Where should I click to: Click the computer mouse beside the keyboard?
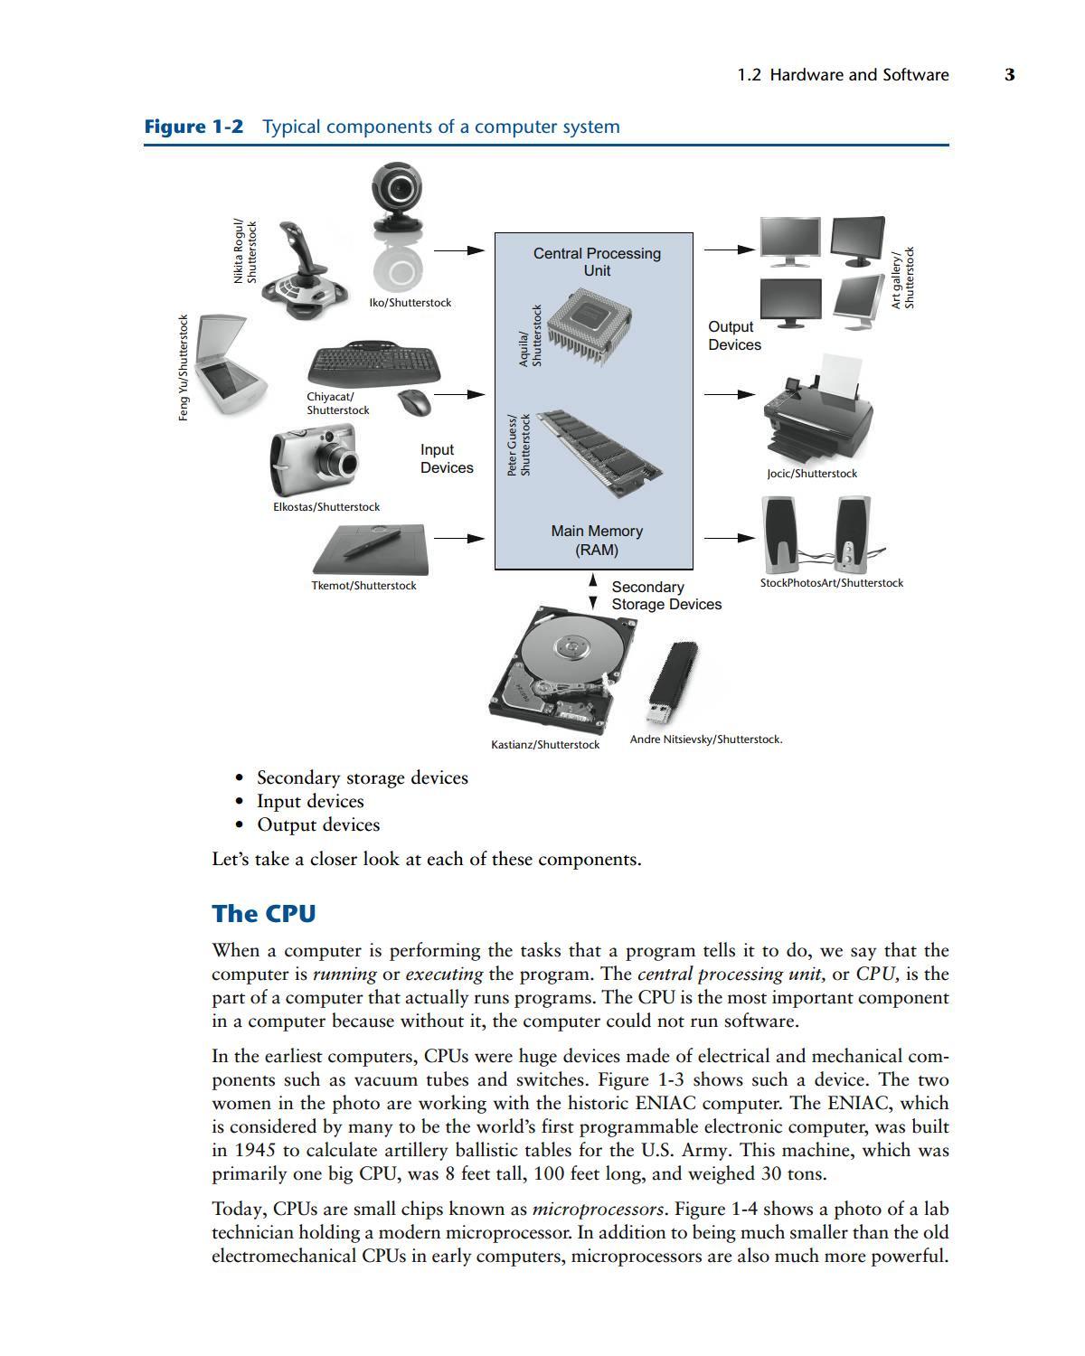(415, 402)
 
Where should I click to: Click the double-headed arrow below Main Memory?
(593, 591)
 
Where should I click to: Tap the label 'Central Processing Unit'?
(597, 262)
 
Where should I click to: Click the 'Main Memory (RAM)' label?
(597, 541)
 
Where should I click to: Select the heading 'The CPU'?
(264, 914)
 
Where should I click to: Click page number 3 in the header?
(1009, 75)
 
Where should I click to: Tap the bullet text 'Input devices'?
(310, 802)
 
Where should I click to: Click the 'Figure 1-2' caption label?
(193, 127)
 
